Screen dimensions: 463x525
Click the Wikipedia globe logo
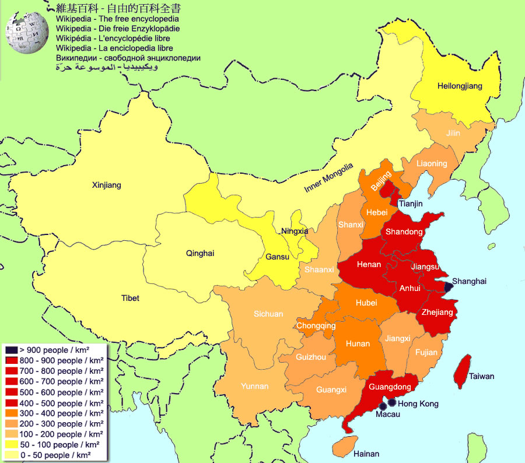[26, 31]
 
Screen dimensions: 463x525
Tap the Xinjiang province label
[106, 185]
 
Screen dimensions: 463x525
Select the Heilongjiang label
[460, 86]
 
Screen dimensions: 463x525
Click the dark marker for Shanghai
[448, 287]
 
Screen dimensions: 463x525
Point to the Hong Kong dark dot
[392, 402]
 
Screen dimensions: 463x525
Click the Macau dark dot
[383, 406]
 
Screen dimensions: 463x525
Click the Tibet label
[130, 298]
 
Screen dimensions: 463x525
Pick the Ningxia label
[294, 231]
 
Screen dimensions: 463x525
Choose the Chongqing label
[316, 326]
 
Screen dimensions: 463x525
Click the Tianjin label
[411, 204]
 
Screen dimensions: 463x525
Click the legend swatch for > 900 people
[11, 349]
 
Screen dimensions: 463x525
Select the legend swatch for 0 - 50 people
[11, 455]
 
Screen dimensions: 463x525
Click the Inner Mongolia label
[328, 177]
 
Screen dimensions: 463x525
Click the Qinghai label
[200, 253]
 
